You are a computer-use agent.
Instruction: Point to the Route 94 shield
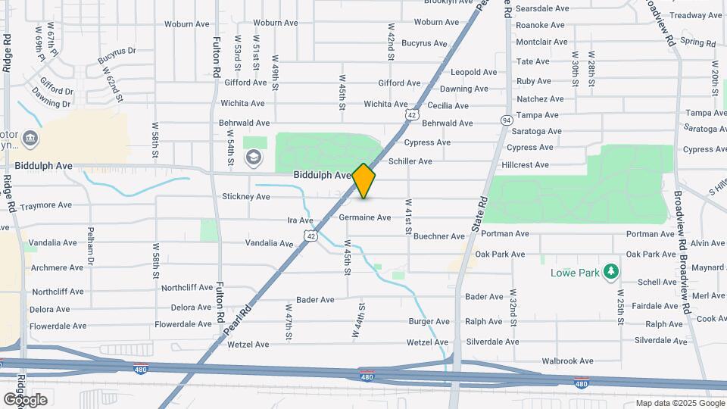[506, 120]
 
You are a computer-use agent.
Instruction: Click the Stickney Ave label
[245, 197]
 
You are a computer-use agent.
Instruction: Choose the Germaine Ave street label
[365, 217]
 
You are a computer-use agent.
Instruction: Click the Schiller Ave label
[410, 161]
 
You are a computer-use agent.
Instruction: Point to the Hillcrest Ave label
[541, 164]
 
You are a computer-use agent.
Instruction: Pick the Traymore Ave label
[45, 205]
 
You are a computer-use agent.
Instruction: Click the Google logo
[25, 399]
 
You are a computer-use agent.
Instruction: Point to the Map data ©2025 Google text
[679, 403]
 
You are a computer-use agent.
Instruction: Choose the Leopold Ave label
[473, 72]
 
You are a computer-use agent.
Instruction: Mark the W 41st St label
[407, 219]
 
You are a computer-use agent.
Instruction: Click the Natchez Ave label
[540, 99]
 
